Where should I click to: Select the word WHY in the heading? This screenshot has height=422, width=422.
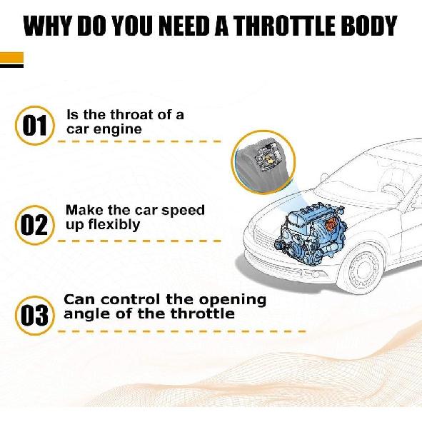point(49,26)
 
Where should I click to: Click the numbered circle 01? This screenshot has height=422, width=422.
point(35,126)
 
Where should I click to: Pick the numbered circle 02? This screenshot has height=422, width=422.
point(35,225)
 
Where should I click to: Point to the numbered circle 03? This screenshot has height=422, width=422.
point(35,315)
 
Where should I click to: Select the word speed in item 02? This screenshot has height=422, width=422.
point(183,211)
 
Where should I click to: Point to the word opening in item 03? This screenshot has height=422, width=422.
point(233,301)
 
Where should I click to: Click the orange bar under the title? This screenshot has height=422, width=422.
point(12,57)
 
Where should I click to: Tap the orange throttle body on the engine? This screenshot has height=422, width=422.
point(331,224)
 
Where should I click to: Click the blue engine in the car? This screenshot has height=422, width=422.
point(310,233)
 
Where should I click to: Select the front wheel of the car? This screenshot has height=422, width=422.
point(363,269)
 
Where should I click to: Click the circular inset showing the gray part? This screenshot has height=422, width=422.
point(263,162)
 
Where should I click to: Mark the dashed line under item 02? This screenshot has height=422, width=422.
point(139,241)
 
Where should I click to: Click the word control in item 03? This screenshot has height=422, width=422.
point(130,300)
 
